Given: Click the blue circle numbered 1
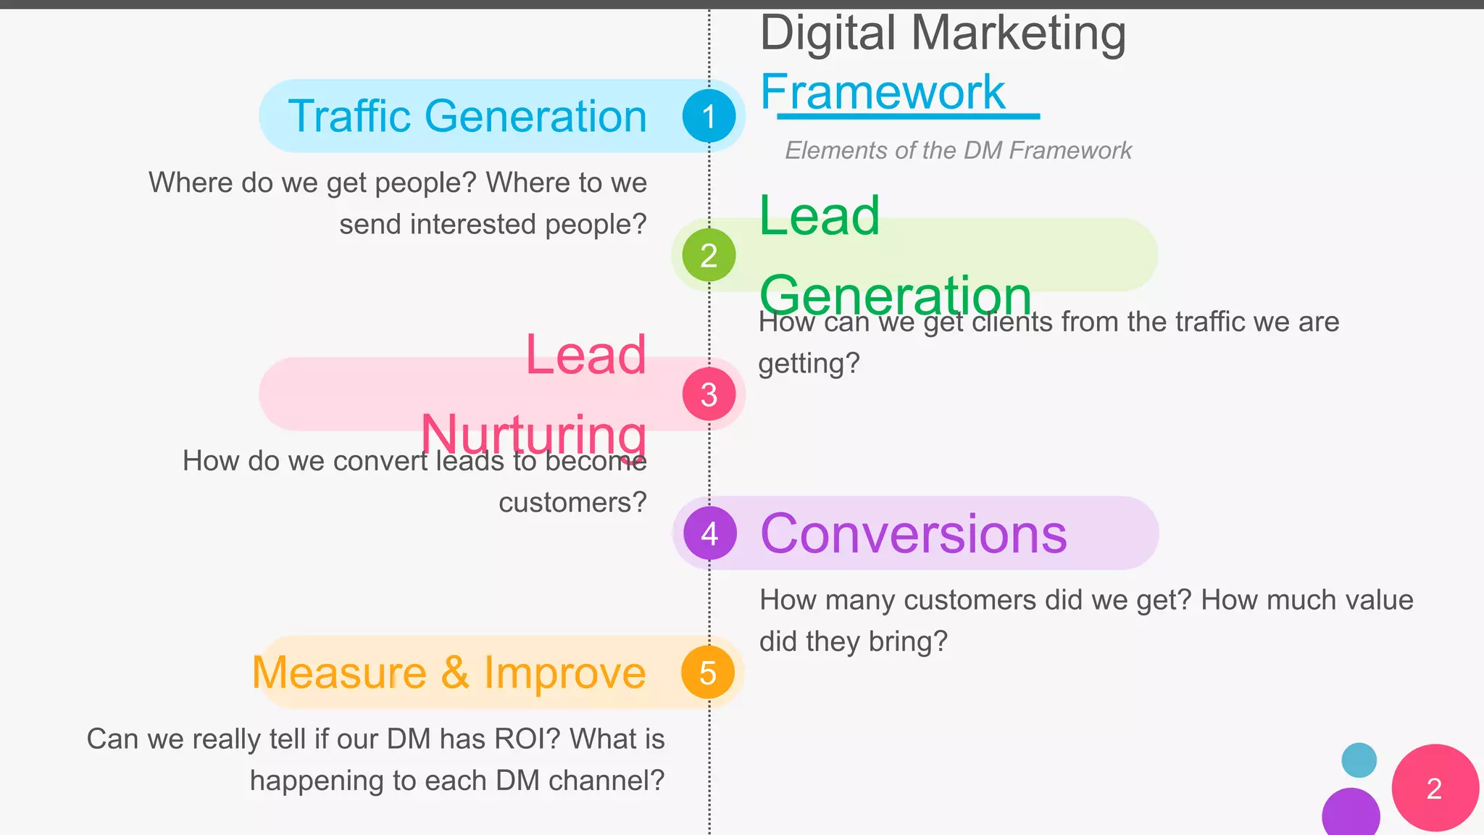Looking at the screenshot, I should pyautogui.click(x=709, y=116).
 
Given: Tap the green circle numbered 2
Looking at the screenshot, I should pyautogui.click(x=709, y=255).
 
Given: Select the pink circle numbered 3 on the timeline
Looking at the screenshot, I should pyautogui.click(x=709, y=394).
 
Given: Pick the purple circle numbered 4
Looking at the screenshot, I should pyautogui.click(x=709, y=533).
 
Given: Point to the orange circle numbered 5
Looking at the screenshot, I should pyautogui.click(x=708, y=673).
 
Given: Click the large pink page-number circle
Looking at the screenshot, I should pyautogui.click(x=1435, y=788).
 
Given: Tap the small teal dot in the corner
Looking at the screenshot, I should pyautogui.click(x=1359, y=760).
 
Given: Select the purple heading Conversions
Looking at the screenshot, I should pyautogui.click(x=913, y=534).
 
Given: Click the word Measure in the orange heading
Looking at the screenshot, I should pyautogui.click(x=339, y=673).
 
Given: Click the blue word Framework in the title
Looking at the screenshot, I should pyautogui.click(x=883, y=92).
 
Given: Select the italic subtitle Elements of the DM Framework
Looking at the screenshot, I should pyautogui.click(x=958, y=151).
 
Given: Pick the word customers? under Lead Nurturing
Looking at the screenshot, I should pyautogui.click(x=572, y=502).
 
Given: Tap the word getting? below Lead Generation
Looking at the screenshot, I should pyautogui.click(x=809, y=363).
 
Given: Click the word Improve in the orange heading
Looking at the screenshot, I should pyautogui.click(x=564, y=673).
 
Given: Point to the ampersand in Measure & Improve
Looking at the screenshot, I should pyautogui.click(x=454, y=673).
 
